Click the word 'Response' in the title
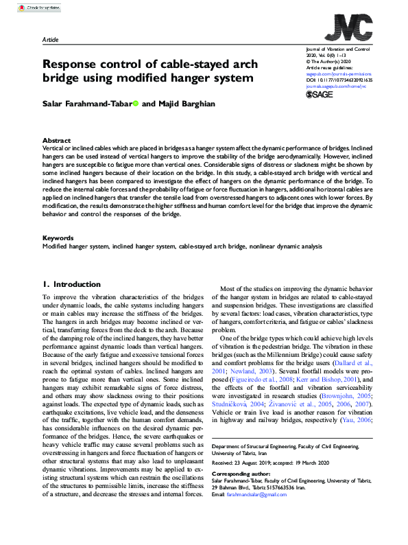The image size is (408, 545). [71, 65]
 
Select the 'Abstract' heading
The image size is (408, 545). [56, 140]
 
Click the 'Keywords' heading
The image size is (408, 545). [58, 237]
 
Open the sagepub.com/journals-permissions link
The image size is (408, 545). [337, 74]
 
